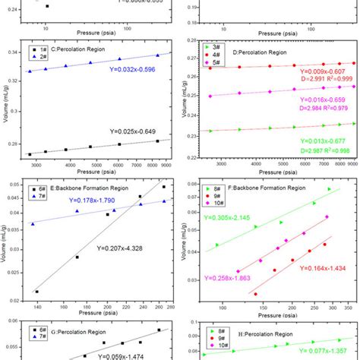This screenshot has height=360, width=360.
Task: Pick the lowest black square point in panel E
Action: coord(37,291)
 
